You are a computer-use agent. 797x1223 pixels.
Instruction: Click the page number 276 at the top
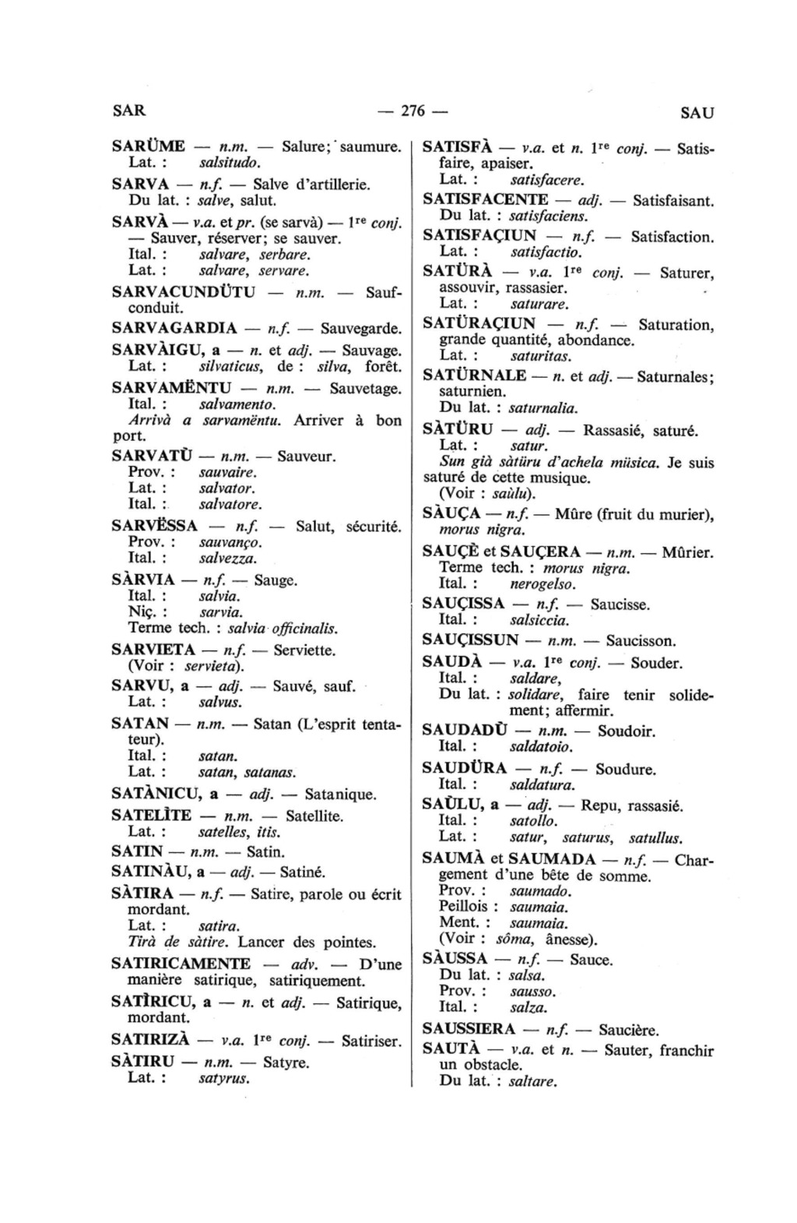[x=413, y=111]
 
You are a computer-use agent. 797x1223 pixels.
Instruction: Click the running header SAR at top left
[x=128, y=110]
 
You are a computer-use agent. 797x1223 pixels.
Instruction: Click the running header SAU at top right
[x=697, y=112]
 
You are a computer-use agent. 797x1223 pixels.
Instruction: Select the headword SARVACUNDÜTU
[x=184, y=292]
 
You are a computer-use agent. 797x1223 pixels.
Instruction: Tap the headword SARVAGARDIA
[x=174, y=328]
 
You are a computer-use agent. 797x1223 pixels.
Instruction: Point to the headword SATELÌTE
[x=152, y=816]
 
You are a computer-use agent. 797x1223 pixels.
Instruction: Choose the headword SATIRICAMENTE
[x=181, y=964]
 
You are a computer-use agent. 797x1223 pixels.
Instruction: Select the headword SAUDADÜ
[x=465, y=731]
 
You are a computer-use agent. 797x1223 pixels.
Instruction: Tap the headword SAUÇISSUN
[x=470, y=641]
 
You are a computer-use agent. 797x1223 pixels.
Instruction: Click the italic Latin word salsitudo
[x=230, y=163]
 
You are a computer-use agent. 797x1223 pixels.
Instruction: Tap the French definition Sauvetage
[x=366, y=389]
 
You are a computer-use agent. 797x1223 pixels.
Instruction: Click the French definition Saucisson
[x=641, y=641]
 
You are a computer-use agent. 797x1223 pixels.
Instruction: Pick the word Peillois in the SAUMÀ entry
[x=463, y=906]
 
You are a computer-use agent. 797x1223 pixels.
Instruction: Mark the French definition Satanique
[x=340, y=795]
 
